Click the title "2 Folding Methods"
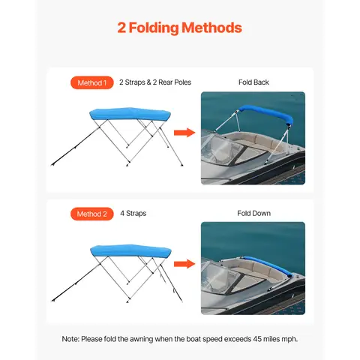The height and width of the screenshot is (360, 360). (x=180, y=28)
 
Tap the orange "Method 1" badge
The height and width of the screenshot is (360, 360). (x=93, y=82)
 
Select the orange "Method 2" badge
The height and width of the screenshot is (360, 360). (x=93, y=214)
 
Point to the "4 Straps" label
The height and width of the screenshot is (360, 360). (x=132, y=214)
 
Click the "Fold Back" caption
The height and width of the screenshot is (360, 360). (x=253, y=82)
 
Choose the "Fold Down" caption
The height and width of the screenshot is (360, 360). (x=253, y=214)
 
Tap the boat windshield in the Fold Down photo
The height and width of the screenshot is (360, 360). (x=225, y=281)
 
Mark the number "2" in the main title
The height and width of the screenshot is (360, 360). (x=122, y=28)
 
